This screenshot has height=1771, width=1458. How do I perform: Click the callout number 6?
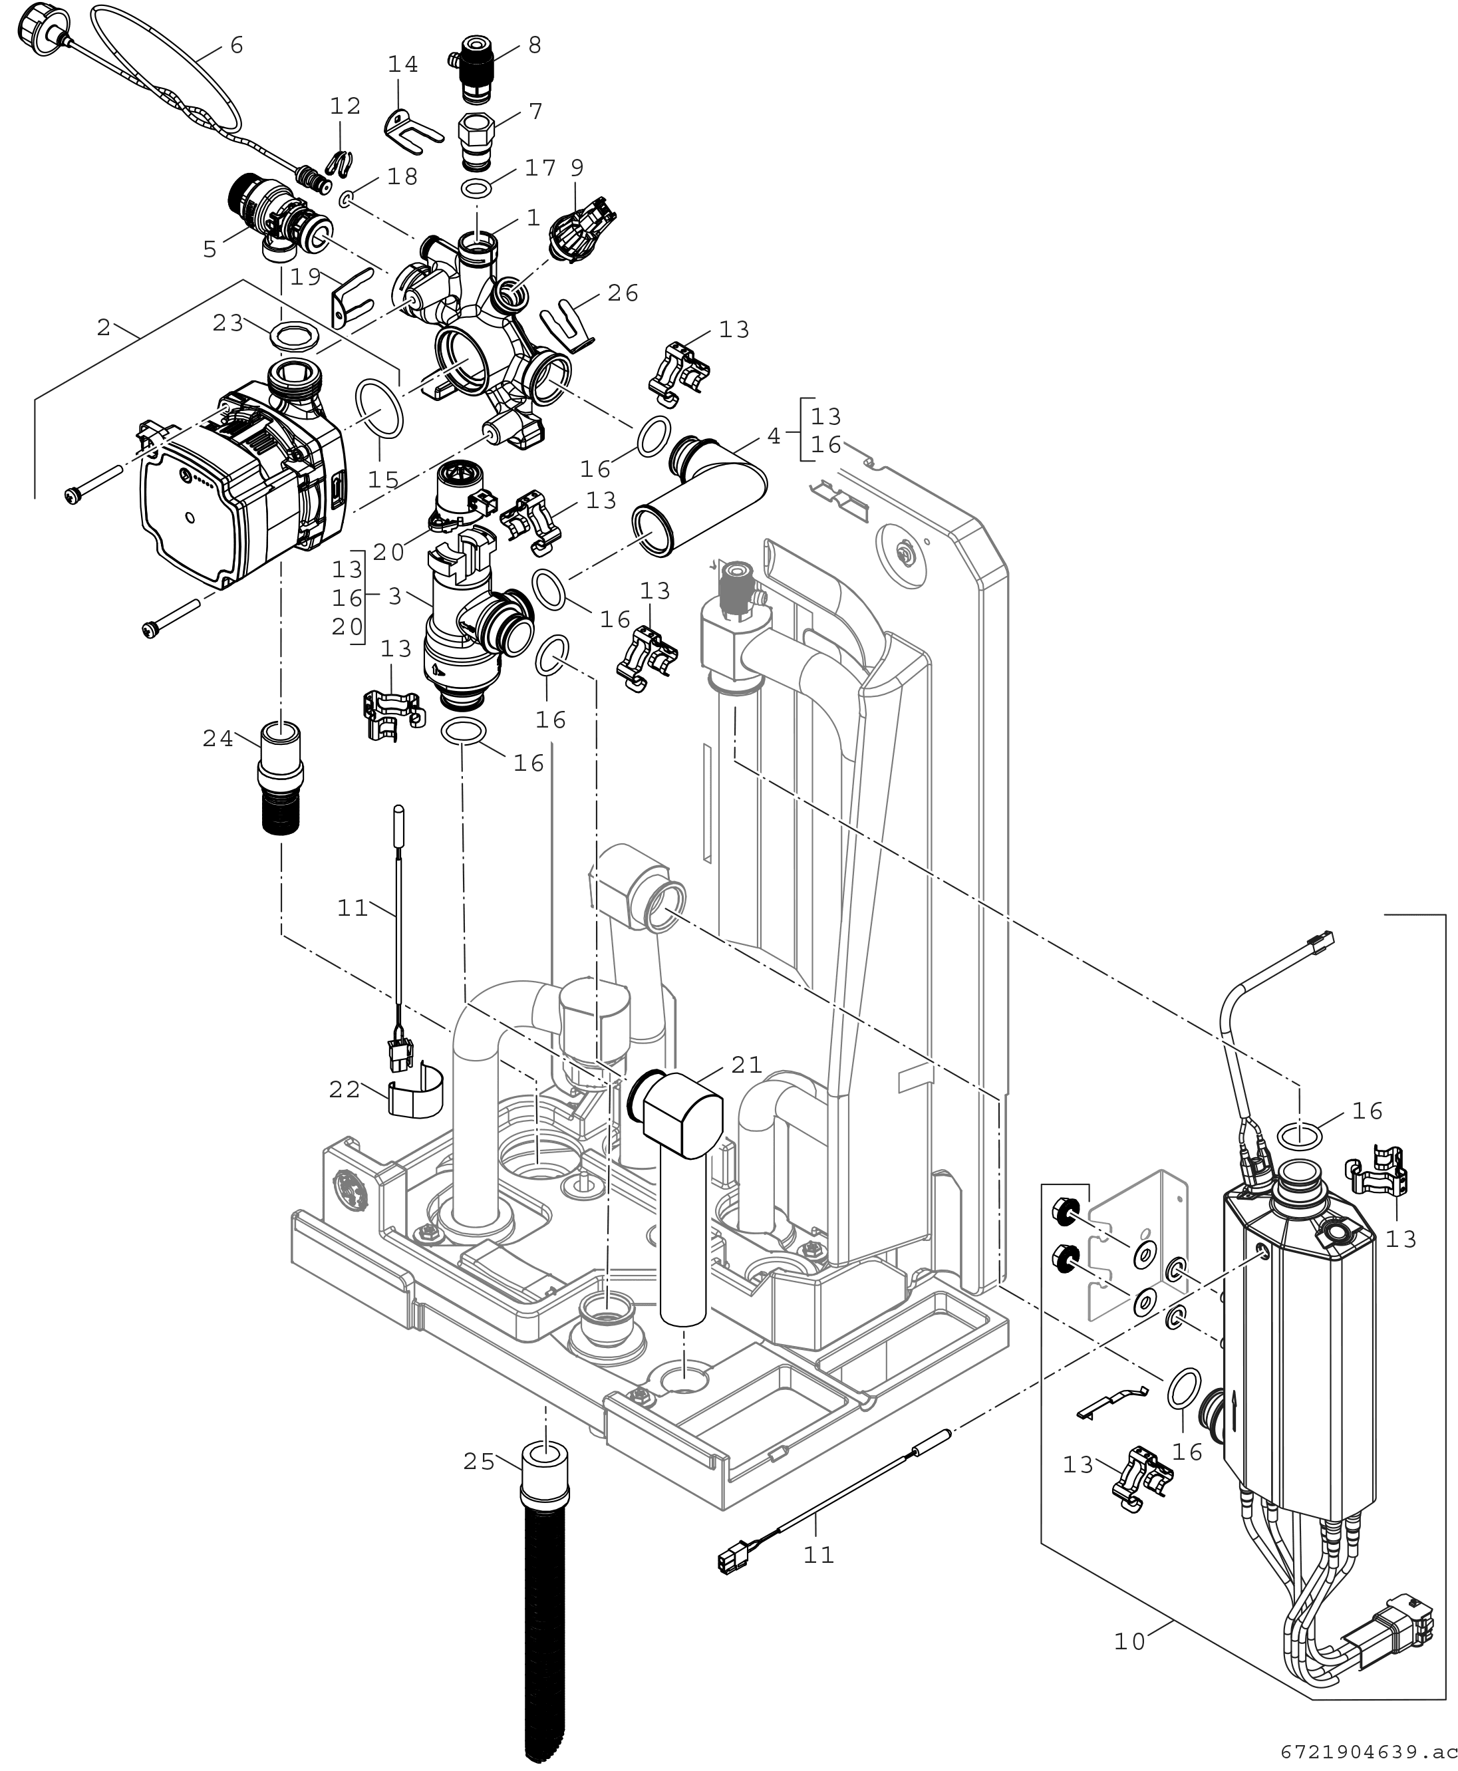237,45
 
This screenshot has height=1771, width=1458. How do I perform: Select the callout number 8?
535,45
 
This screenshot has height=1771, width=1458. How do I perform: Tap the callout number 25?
480,1462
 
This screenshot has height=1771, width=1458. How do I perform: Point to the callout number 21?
747,1065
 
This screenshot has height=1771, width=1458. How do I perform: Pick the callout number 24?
218,739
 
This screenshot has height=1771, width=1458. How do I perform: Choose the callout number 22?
345,1090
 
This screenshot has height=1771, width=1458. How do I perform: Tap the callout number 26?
623,293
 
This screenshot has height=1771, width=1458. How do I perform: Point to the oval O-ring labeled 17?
477,186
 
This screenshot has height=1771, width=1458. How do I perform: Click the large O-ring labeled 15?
380,408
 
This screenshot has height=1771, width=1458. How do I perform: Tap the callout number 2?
103,327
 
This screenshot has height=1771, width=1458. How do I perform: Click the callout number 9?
577,167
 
